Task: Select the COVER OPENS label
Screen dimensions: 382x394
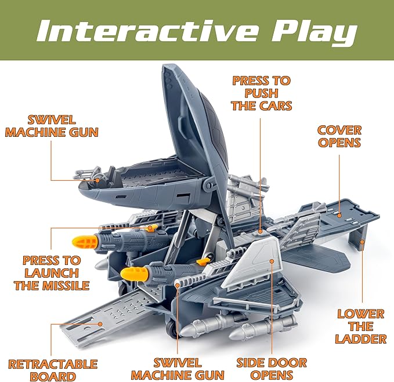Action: (340, 136)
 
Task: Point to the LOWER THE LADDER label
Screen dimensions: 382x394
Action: (360, 326)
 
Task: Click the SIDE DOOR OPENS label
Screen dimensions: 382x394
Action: (271, 369)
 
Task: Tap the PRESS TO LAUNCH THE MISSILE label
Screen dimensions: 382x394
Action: (52, 272)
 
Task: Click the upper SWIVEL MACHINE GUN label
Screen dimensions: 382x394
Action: (51, 126)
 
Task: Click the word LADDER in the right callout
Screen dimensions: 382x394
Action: (360, 339)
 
